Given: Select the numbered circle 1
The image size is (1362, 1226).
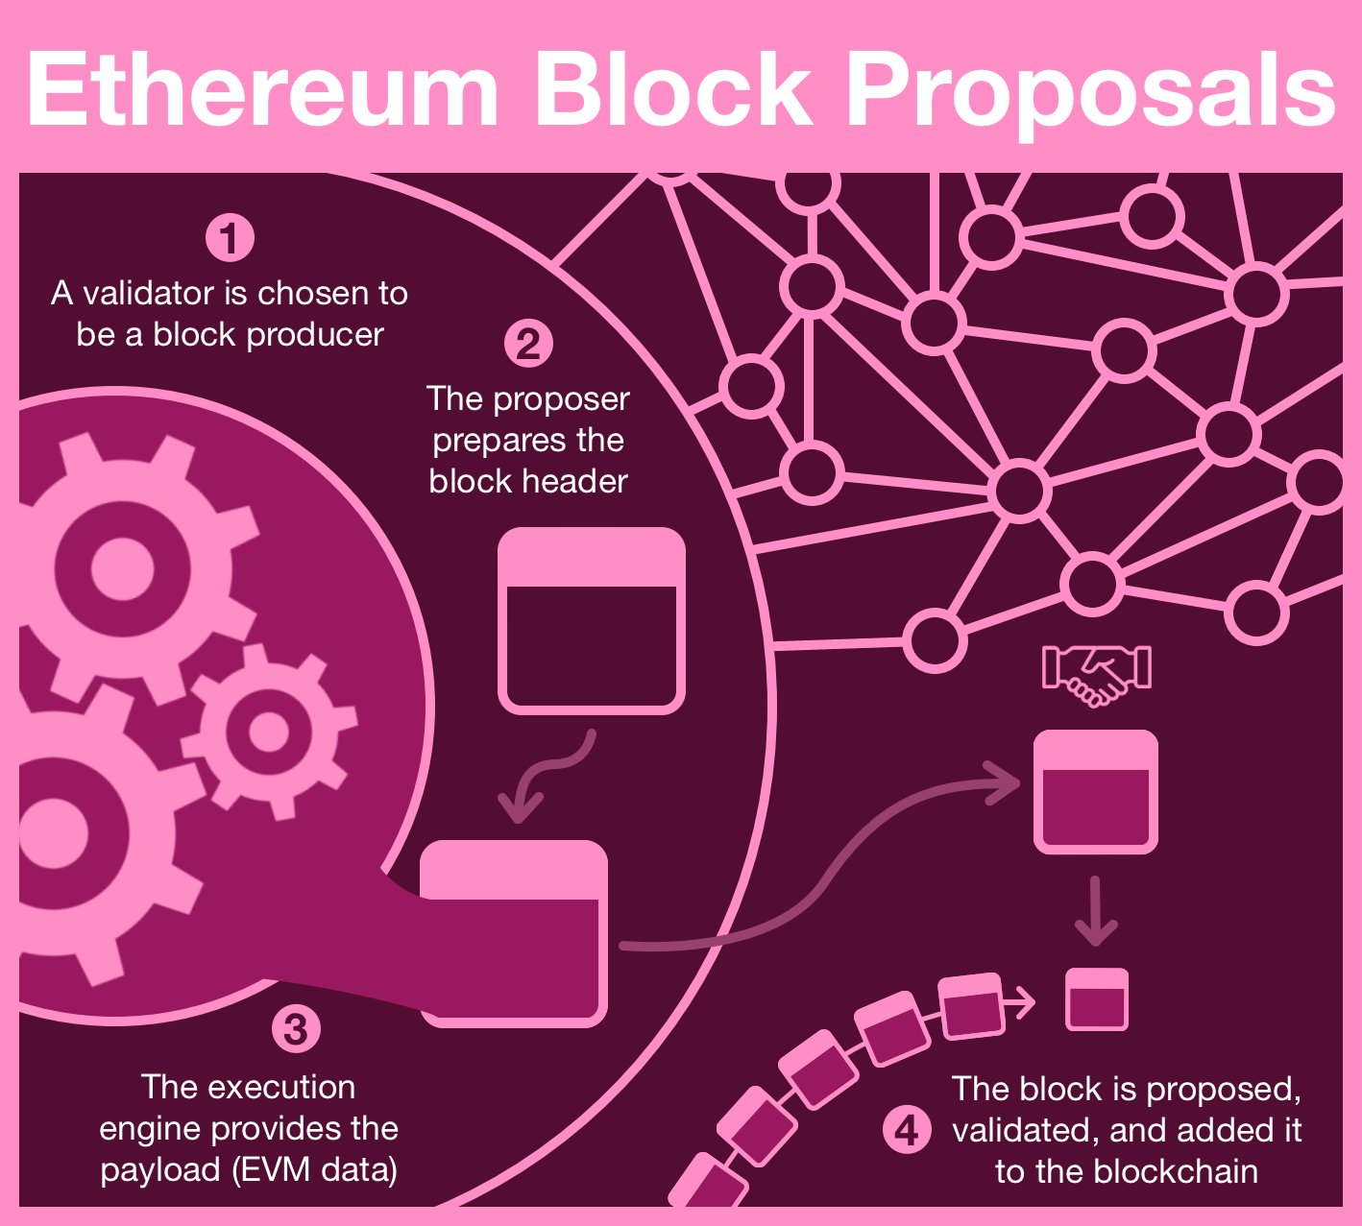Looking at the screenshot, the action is [x=231, y=238].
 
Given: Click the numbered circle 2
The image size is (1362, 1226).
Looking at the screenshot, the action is [x=528, y=344].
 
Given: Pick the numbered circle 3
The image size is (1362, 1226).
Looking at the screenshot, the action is [x=296, y=1028].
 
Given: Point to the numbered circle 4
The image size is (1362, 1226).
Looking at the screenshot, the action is [x=907, y=1131].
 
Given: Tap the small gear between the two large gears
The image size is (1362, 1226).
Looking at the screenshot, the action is [x=269, y=732].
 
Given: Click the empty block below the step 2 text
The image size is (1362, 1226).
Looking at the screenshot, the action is [x=592, y=620].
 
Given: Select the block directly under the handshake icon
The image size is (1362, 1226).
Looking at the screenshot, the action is [x=1095, y=791].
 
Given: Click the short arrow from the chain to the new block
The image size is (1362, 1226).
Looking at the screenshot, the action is [x=1019, y=1002].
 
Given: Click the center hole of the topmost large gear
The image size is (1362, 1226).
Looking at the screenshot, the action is [x=123, y=568].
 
